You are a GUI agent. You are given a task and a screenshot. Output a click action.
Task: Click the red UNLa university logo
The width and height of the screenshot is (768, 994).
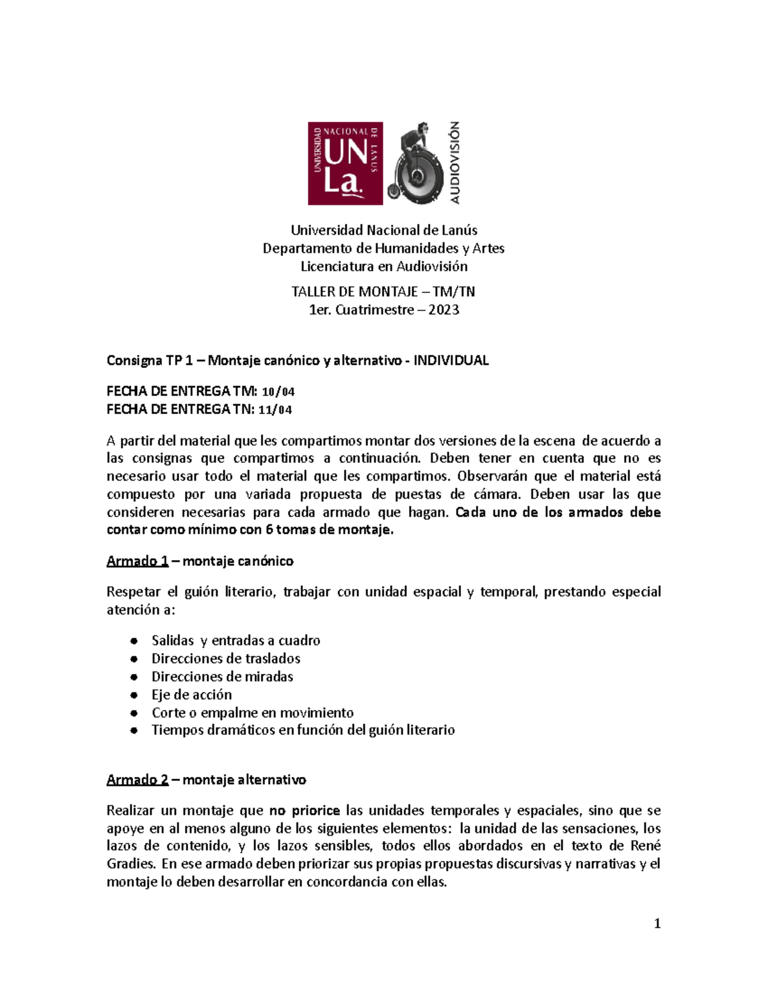click(x=345, y=163)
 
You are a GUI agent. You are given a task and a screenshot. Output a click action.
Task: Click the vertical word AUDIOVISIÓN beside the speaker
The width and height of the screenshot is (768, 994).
click(x=454, y=163)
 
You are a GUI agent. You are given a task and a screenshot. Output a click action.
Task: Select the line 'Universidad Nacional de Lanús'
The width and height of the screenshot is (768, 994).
click(x=384, y=230)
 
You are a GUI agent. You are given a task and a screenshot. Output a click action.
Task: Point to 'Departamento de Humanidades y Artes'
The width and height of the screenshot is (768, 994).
click(x=383, y=248)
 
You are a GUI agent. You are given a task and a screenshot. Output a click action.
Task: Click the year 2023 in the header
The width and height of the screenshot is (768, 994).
click(x=444, y=310)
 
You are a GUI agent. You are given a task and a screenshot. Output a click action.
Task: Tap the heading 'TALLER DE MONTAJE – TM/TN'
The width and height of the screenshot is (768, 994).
click(x=383, y=292)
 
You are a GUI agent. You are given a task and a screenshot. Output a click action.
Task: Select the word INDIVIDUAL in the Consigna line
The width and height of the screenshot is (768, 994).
click(x=451, y=360)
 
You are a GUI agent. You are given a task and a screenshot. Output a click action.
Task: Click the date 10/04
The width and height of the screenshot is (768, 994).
click(x=278, y=392)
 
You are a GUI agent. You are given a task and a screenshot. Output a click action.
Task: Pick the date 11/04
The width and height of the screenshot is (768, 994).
click(x=275, y=410)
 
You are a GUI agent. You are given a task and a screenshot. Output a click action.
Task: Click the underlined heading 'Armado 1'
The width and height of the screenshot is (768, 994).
click(x=138, y=561)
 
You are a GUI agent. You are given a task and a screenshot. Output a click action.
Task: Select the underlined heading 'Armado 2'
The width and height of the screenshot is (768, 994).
click(x=138, y=780)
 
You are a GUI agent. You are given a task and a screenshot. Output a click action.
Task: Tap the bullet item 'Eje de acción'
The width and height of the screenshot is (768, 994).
click(x=191, y=694)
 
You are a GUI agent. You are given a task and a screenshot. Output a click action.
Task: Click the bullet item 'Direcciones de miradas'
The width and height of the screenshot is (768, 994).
click(x=222, y=677)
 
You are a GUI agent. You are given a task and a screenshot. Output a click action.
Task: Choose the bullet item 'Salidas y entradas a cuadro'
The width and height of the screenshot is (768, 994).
click(x=236, y=641)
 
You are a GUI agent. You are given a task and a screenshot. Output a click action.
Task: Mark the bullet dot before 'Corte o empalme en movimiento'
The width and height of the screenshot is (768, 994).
click(x=134, y=713)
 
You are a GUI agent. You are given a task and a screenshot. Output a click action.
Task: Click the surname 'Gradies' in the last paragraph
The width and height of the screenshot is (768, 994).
click(x=131, y=864)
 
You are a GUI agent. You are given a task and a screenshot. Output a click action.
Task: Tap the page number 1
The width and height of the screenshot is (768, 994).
click(x=657, y=924)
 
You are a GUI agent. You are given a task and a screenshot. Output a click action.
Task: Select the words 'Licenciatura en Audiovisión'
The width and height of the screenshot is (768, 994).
click(x=384, y=266)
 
